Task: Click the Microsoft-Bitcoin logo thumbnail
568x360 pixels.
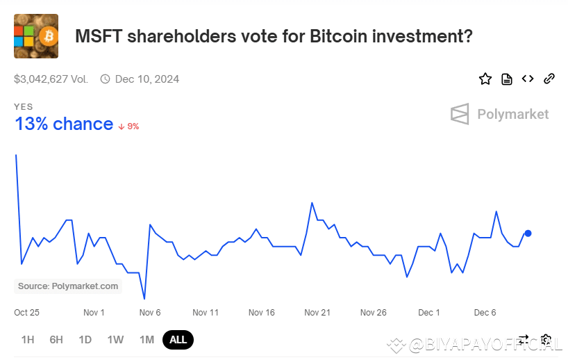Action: point(36,36)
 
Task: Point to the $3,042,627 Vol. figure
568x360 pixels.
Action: point(51,79)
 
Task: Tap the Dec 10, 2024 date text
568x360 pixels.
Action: point(147,79)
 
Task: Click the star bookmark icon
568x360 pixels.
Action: point(485,79)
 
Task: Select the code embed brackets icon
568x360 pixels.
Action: point(528,79)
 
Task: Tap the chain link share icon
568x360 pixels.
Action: point(549,79)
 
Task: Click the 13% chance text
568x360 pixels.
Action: point(64,124)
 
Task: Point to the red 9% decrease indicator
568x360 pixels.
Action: point(129,126)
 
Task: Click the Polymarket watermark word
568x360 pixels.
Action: point(512,115)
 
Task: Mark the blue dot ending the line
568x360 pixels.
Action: point(528,234)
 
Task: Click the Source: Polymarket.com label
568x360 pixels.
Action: point(68,286)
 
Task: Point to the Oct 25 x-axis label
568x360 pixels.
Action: point(27,313)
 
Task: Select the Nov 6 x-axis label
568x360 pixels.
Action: point(150,313)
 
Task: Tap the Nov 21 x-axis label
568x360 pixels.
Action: point(317,313)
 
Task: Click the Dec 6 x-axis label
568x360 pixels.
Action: point(485,313)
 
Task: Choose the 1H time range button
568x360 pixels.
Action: point(28,340)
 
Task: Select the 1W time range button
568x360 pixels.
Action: point(115,340)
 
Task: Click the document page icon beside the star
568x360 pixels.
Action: point(507,79)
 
